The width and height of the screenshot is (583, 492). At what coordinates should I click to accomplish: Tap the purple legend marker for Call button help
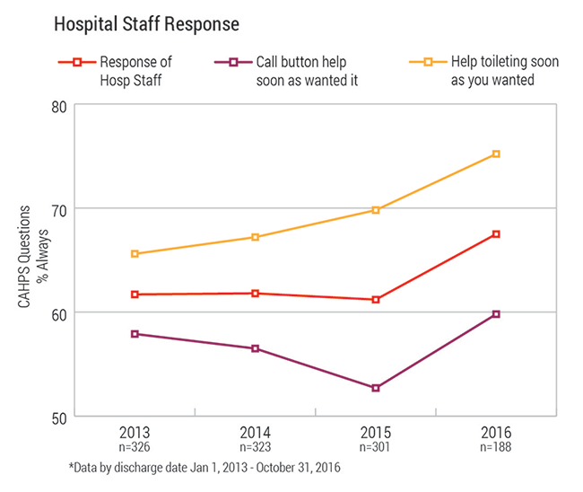pos(232,62)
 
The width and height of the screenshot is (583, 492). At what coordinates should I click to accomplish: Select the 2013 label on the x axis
pos(135,430)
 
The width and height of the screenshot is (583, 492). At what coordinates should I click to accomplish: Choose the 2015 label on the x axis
pos(376,430)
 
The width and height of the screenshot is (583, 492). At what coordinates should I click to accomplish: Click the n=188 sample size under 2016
pos(496,444)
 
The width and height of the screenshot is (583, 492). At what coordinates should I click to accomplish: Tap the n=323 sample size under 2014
pos(255,444)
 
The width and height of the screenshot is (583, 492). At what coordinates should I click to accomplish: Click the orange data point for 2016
pos(496,154)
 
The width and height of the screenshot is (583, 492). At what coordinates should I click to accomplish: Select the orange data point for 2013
pos(135,254)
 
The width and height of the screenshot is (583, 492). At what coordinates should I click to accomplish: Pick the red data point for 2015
pos(376,300)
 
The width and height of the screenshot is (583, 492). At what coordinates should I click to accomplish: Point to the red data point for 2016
pos(496,234)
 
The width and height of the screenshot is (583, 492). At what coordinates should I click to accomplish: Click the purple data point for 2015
pos(376,388)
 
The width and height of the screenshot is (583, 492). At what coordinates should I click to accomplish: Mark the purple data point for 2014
pos(255,348)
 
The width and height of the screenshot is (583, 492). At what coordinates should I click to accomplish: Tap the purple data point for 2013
pos(135,334)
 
